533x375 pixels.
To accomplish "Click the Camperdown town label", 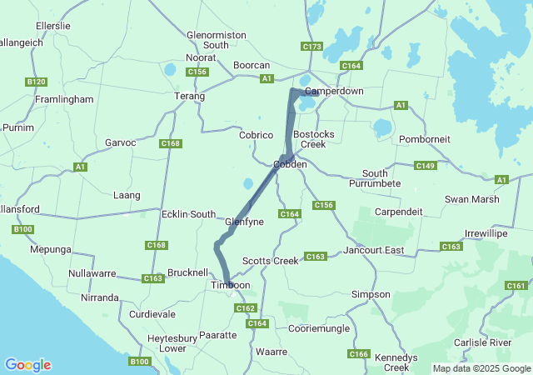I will click(x=334, y=90).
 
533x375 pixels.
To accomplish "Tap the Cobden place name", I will click(x=291, y=165).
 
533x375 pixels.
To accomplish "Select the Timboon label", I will click(x=230, y=285).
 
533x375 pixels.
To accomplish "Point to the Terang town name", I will click(x=189, y=97).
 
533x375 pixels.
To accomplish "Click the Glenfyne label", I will click(x=245, y=222).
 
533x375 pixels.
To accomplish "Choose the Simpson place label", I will click(x=371, y=294).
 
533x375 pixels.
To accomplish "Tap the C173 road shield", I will click(x=312, y=47).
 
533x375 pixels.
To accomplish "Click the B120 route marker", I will click(x=36, y=82).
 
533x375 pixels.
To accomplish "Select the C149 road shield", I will click(x=426, y=166).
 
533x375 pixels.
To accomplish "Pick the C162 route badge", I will click(x=245, y=308).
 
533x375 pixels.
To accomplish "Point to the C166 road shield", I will click(x=359, y=354).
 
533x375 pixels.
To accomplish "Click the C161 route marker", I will click(x=516, y=286).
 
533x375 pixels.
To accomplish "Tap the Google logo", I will click(x=27, y=365).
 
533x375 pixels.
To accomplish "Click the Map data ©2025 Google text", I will click(x=481, y=368).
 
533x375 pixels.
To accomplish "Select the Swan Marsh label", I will click(x=472, y=199).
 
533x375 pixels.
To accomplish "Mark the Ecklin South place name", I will click(x=188, y=214).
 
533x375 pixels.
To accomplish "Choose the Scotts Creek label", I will click(x=270, y=261).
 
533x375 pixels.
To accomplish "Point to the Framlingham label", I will click(x=64, y=99).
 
